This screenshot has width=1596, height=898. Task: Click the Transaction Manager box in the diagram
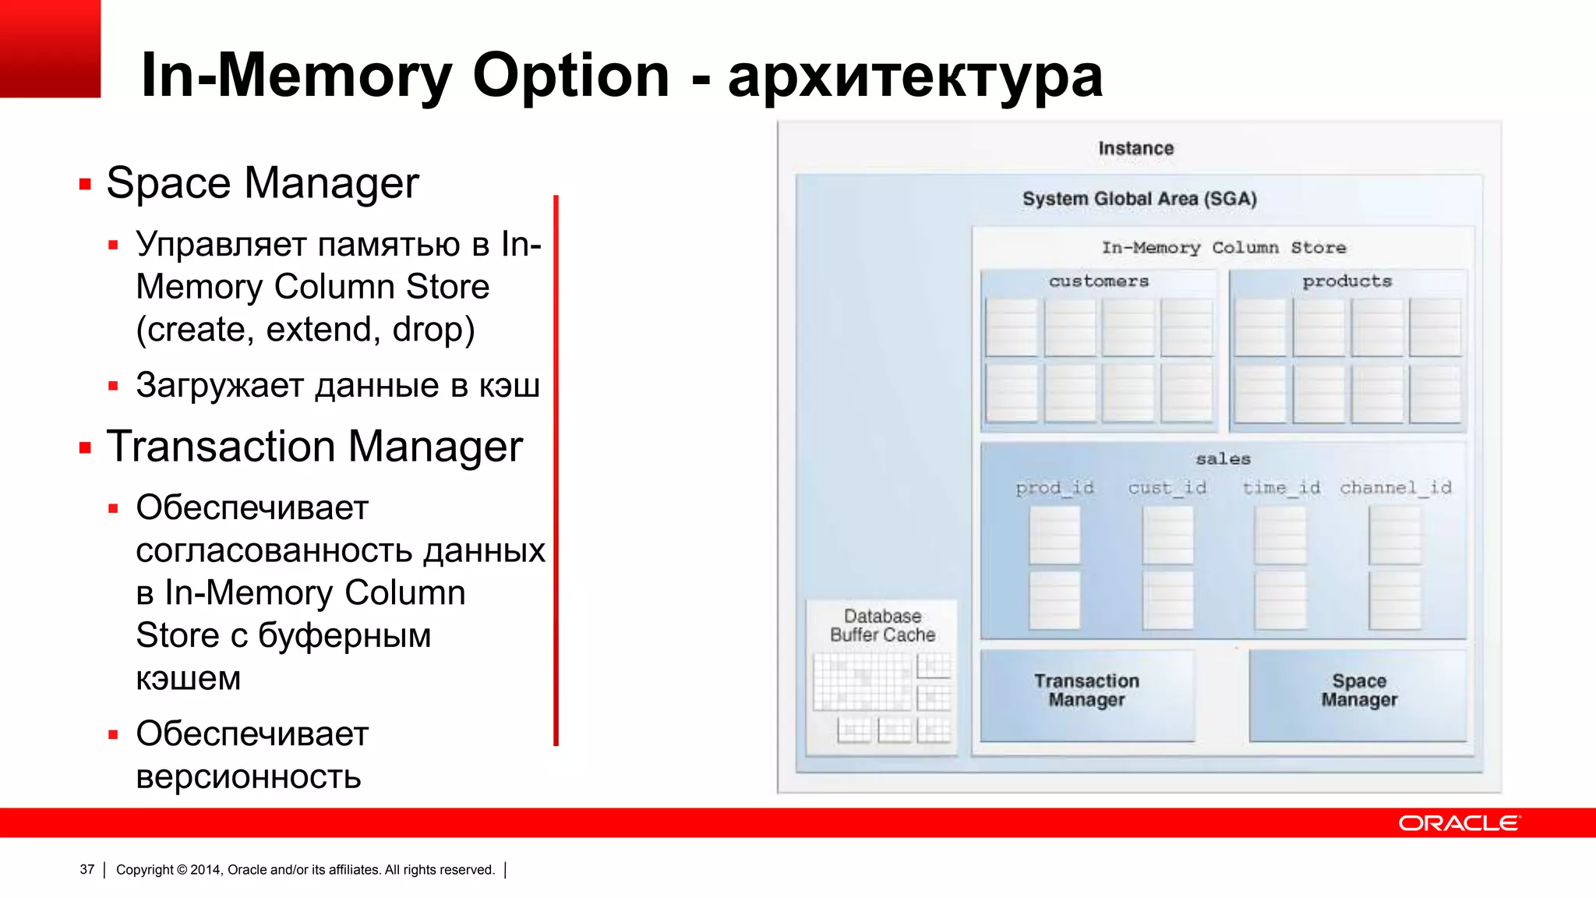[1086, 693]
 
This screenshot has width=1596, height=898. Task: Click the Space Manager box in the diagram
[1358, 693]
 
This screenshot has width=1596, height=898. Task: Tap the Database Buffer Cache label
[882, 626]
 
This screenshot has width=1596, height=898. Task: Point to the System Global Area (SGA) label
[1139, 199]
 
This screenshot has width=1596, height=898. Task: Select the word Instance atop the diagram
[1135, 148]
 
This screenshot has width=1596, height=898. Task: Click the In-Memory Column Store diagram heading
[1223, 248]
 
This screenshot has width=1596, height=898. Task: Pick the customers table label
[1099, 281]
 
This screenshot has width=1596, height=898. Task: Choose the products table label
[1347, 281]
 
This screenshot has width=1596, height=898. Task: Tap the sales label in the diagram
[1223, 459]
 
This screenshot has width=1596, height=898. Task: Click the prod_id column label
[1054, 488]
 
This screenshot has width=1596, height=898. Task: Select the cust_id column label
[1167, 488]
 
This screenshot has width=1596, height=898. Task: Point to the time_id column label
[1281, 488]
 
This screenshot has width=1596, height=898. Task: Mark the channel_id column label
[1395, 488]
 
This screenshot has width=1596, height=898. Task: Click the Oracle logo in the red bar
[1459, 823]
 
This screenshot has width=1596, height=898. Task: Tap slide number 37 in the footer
[87, 869]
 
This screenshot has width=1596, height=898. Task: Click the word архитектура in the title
[915, 76]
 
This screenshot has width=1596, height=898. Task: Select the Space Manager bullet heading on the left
[263, 184]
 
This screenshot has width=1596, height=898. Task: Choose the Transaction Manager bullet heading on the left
[314, 447]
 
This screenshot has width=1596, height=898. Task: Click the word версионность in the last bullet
[249, 776]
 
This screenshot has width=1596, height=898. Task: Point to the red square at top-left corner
[50, 48]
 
